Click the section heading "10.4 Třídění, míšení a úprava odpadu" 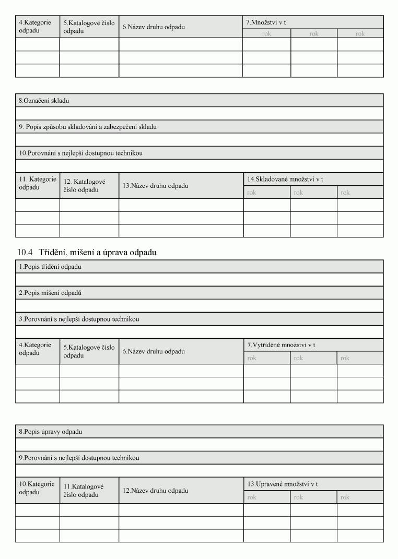click(87, 253)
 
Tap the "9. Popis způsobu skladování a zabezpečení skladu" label click(88, 127)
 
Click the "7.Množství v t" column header click(266, 22)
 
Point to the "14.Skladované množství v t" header click(285, 179)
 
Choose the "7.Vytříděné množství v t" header click(281, 345)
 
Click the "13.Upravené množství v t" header click(283, 484)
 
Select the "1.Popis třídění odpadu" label click(50, 267)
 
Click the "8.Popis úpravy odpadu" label click(51, 432)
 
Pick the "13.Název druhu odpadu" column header click(156, 186)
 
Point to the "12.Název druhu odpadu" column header click(156, 491)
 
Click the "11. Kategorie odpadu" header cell click(38, 183)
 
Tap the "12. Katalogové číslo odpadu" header click(85, 186)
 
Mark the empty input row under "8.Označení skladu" click(199, 113)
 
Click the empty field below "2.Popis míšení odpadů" click(199, 306)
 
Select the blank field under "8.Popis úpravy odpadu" click(199, 445)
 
